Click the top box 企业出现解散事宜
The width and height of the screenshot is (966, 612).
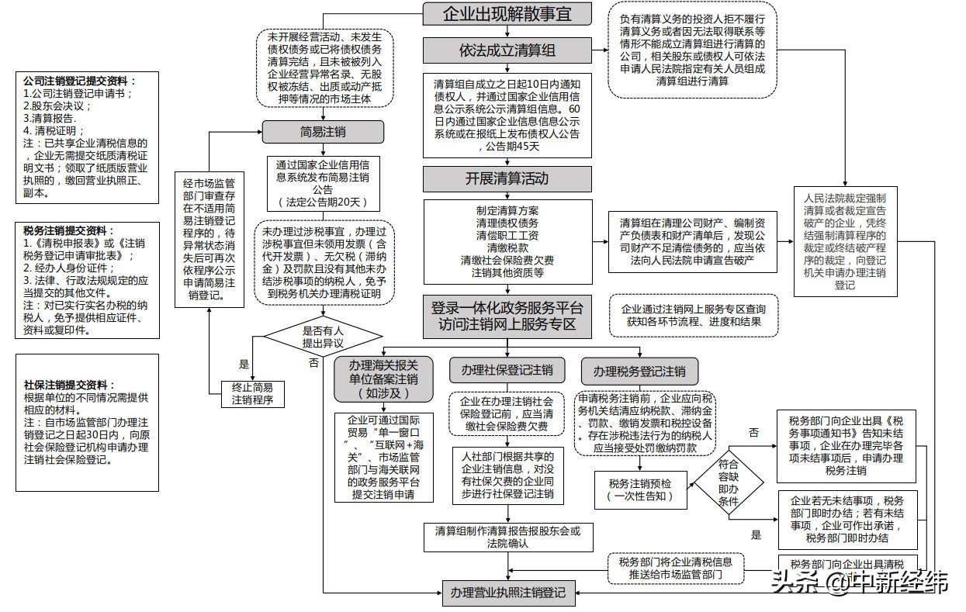[x=507, y=15]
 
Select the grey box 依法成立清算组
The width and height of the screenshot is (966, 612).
[x=507, y=51]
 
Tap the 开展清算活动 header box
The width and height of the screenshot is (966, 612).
[x=507, y=178]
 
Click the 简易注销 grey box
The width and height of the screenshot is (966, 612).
[x=323, y=132]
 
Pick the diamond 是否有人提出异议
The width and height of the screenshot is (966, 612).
[x=323, y=336]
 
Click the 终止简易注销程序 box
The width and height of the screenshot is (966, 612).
[x=252, y=393]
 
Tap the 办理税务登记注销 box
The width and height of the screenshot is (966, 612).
[x=639, y=370]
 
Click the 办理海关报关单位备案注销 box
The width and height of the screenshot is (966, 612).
[x=383, y=379]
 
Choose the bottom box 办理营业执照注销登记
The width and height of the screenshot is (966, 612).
[x=508, y=593]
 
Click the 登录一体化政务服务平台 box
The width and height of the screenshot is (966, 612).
[x=507, y=316]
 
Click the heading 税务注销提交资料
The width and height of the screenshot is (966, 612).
[x=69, y=230]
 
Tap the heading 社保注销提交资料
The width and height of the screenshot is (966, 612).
[x=69, y=385]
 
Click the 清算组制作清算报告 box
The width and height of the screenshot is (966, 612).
[x=507, y=537]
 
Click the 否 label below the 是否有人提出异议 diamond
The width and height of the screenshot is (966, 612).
[x=313, y=362]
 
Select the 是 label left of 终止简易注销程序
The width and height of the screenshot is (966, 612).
[x=244, y=364]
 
